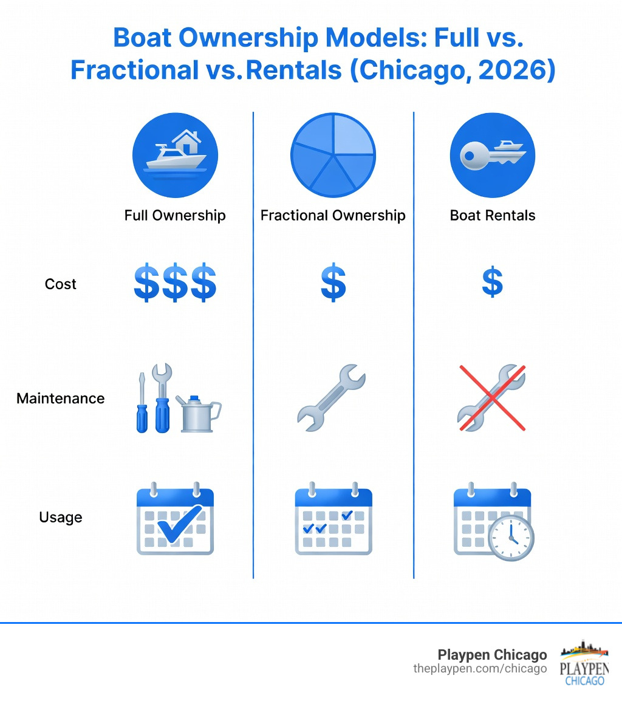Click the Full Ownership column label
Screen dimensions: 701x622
[175, 216]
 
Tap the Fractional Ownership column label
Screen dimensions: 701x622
[333, 216]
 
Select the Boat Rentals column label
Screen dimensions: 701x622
[493, 216]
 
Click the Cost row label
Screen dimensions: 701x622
[61, 284]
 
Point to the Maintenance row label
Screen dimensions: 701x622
[61, 398]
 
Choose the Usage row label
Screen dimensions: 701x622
[61, 518]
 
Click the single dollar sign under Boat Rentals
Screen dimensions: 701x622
[492, 283]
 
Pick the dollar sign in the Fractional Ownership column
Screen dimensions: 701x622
[333, 283]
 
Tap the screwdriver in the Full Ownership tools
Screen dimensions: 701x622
[142, 404]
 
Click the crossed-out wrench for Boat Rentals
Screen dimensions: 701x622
[491, 398]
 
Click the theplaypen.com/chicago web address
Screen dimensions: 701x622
[480, 669]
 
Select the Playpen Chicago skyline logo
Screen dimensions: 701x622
[584, 662]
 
